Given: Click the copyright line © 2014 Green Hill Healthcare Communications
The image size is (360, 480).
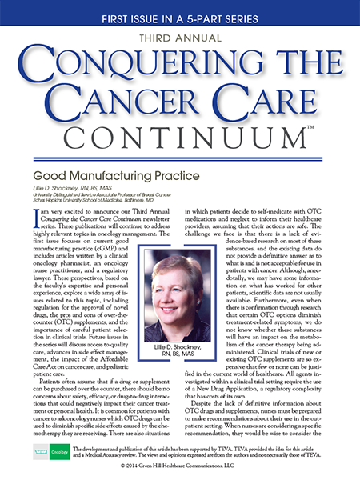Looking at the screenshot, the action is pyautogui.click(x=179, y=465).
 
